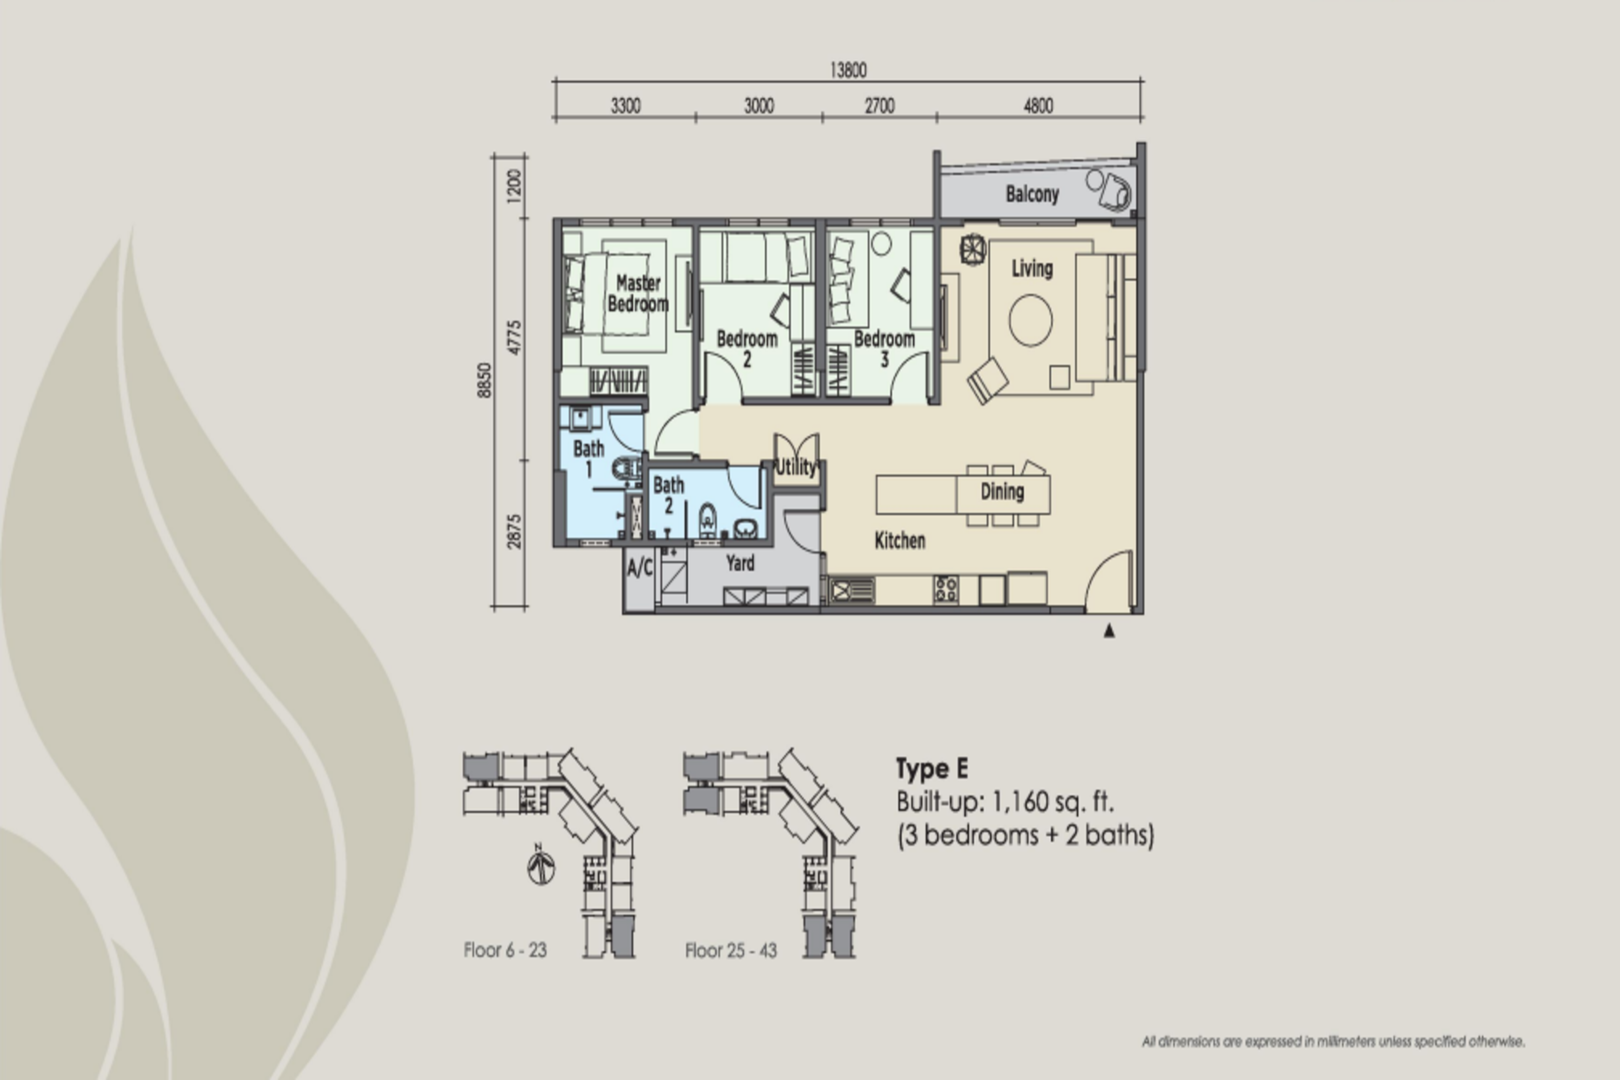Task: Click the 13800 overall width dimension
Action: coord(848,70)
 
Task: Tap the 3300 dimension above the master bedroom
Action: coord(625,106)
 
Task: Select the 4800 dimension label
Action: coord(1038,106)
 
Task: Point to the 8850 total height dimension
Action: coord(484,380)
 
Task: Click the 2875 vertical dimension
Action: coord(514,532)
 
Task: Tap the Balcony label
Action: coord(1032,194)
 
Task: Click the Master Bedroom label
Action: coord(638,293)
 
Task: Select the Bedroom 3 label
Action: coord(885,348)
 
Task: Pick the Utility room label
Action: coord(795,467)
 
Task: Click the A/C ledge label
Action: coord(640,568)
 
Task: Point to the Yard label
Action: coord(740,563)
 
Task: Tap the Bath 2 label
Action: coord(668,495)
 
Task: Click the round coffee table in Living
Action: coord(1030,320)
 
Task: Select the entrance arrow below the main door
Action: coord(1109,630)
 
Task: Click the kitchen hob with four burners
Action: coord(946,589)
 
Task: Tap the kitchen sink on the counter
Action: coord(852,590)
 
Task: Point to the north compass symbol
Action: coord(542,865)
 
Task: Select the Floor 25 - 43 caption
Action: coord(731,950)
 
